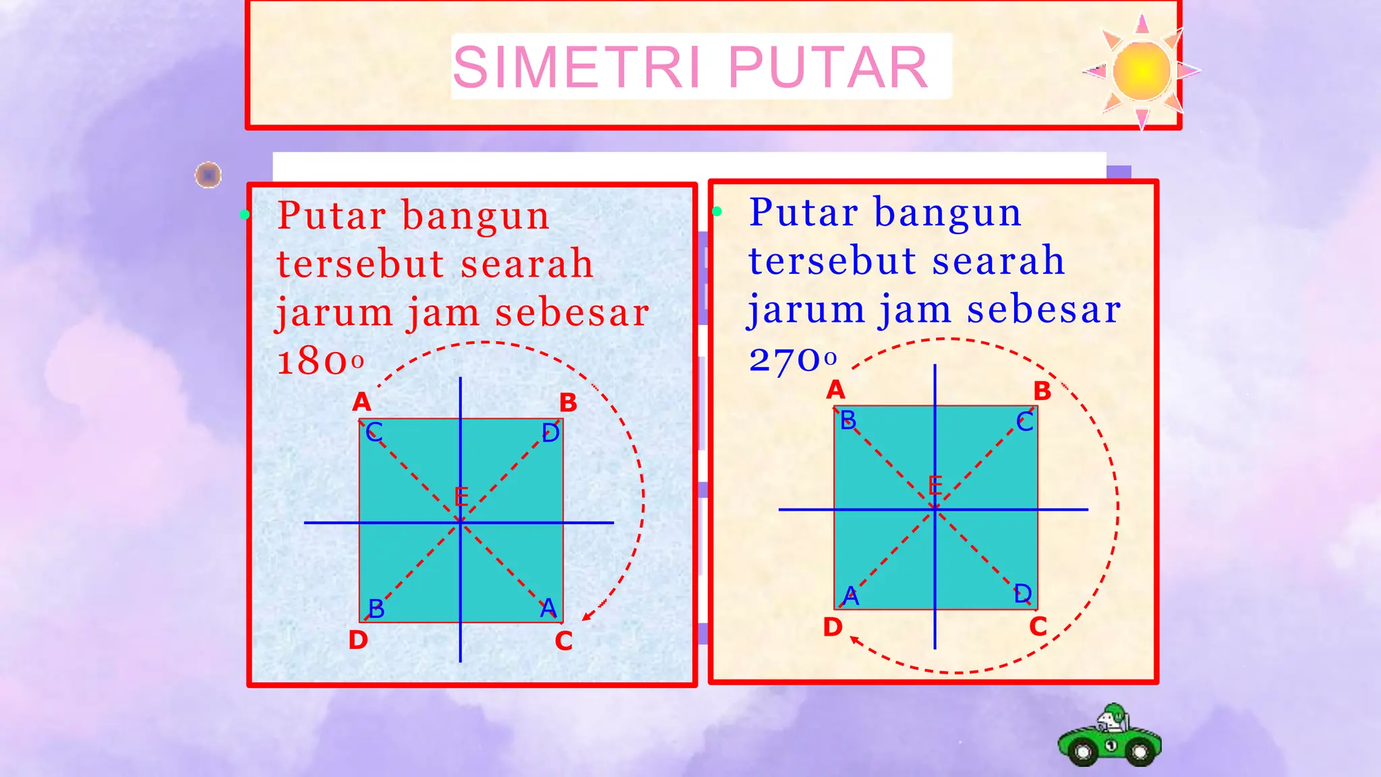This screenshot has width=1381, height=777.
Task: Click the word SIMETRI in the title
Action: click(x=577, y=67)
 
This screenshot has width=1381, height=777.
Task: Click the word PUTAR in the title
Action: click(x=828, y=67)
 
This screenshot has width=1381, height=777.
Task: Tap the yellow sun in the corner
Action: click(x=1141, y=70)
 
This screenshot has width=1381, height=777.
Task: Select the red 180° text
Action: click(x=320, y=362)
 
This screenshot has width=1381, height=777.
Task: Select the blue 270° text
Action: click(x=793, y=359)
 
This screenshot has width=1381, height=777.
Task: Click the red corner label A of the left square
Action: click(x=362, y=402)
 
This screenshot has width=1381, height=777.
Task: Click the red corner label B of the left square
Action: click(x=568, y=403)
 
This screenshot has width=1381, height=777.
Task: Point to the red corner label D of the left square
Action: click(x=358, y=639)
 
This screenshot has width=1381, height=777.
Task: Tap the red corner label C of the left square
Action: click(x=564, y=641)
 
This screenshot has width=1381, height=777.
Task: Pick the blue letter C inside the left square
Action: click(x=374, y=432)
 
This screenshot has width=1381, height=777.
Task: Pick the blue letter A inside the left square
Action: click(x=549, y=608)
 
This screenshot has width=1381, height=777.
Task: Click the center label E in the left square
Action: click(x=461, y=497)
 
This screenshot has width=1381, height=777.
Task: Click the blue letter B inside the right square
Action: click(x=848, y=420)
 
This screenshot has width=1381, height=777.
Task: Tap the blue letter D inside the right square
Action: click(x=1023, y=594)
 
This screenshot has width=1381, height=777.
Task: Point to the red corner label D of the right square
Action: click(x=833, y=627)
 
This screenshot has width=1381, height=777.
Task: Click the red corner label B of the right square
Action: click(x=1042, y=391)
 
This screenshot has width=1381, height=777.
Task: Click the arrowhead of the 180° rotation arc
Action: click(x=586, y=616)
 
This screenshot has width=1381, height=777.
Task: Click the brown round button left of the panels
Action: click(x=208, y=175)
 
